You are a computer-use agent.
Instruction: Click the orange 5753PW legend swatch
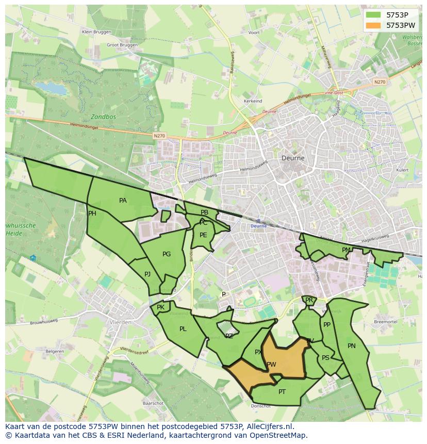(373, 25)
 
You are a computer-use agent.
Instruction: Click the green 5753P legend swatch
(373, 15)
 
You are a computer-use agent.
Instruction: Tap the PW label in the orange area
(271, 365)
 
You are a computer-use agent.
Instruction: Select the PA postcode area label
(123, 201)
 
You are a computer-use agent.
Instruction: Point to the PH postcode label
(92, 213)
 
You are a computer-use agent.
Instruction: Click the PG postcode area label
(167, 254)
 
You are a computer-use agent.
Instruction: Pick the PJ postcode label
(147, 274)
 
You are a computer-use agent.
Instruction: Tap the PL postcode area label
(183, 329)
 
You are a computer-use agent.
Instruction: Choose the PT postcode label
(282, 392)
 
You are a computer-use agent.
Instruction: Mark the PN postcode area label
(352, 346)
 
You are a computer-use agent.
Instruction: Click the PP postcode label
(326, 325)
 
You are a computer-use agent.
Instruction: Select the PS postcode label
(325, 358)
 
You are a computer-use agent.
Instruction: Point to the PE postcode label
(203, 235)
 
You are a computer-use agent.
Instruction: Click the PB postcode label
(205, 212)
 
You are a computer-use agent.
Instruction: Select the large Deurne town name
(293, 158)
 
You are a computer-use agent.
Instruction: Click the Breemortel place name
(385, 322)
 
